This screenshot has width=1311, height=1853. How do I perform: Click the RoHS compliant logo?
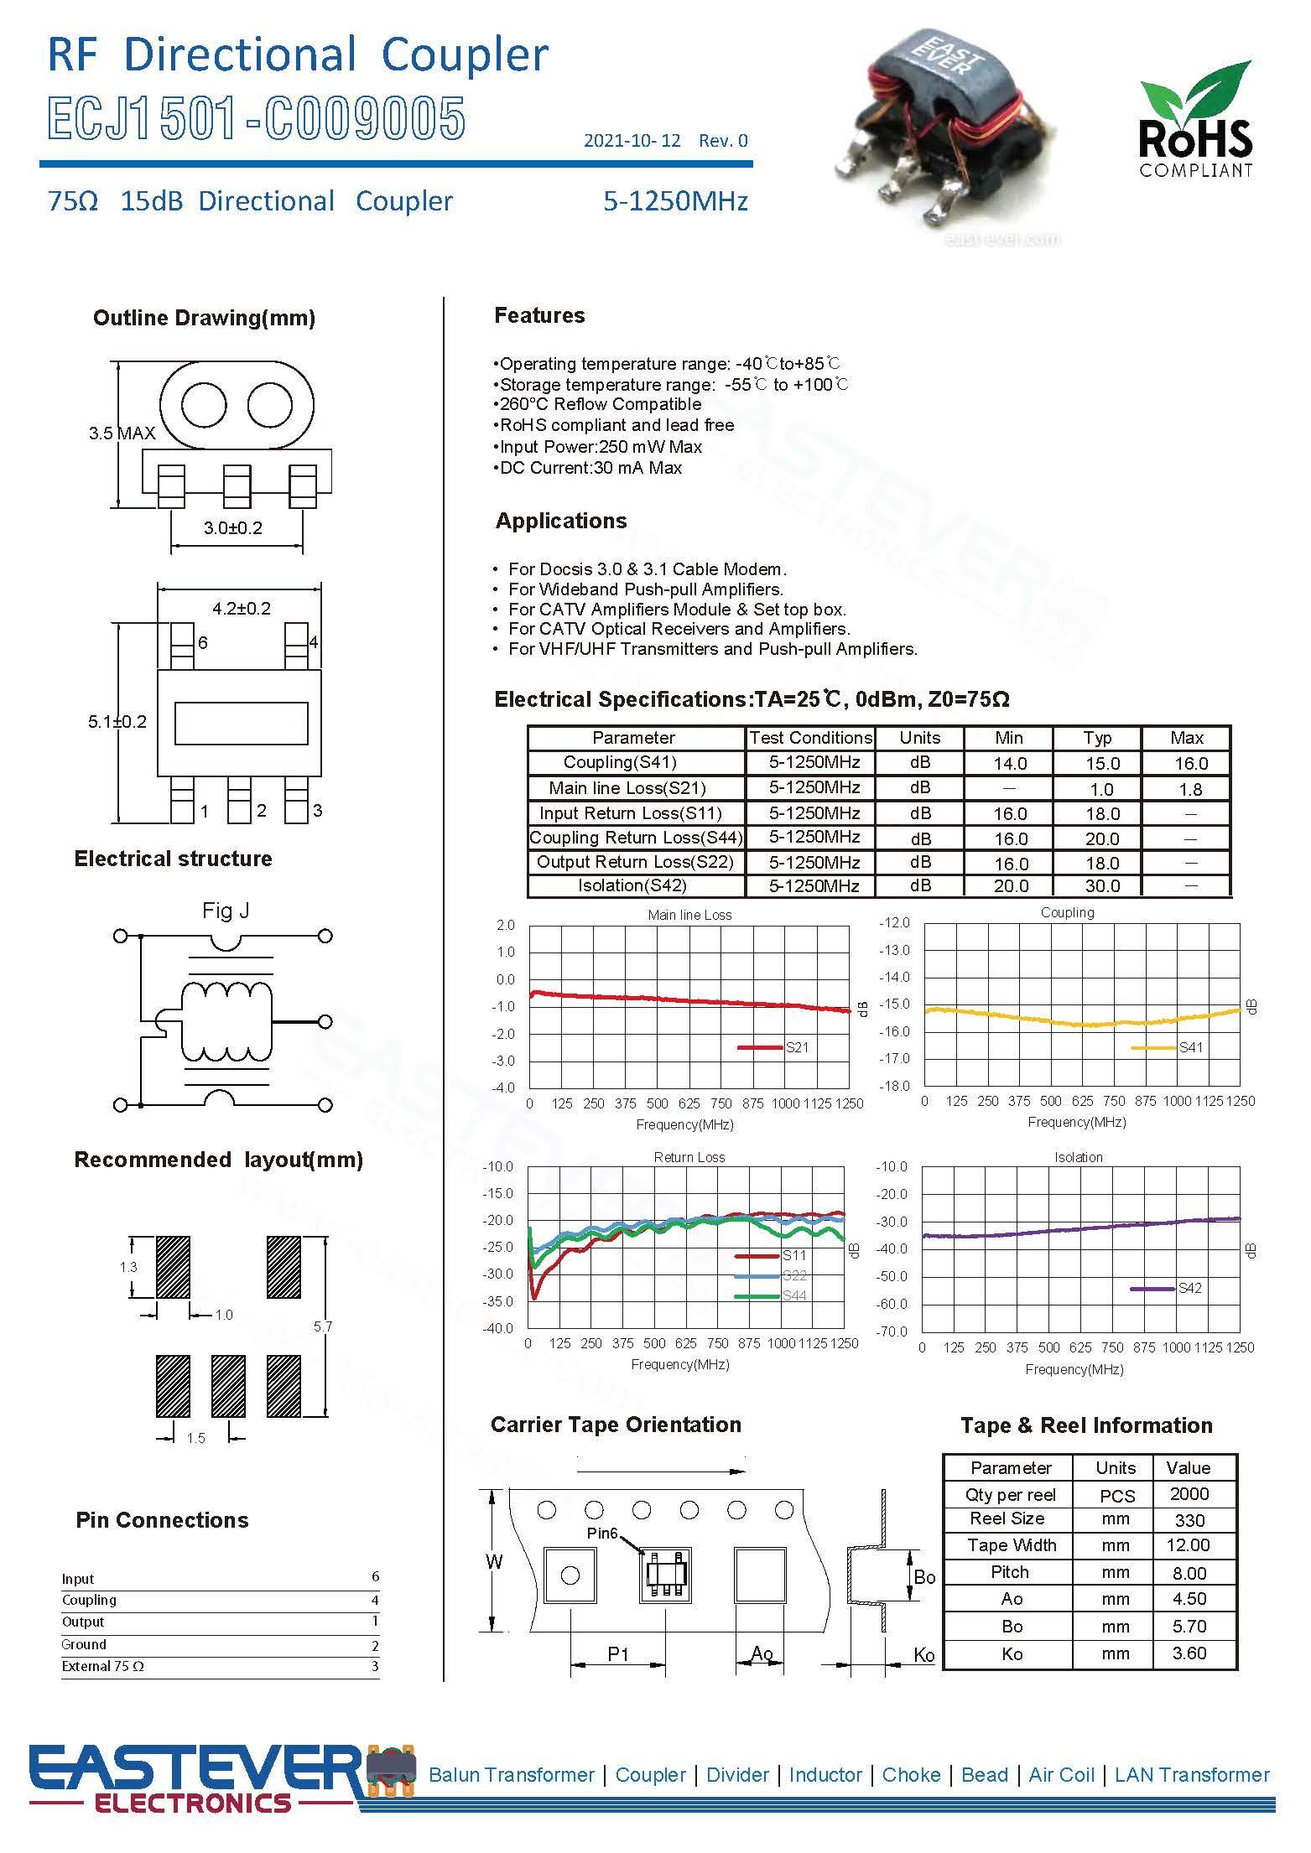pyautogui.click(x=1195, y=120)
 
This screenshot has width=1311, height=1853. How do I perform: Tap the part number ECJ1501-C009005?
pyautogui.click(x=256, y=118)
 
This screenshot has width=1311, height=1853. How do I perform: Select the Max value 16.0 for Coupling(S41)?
pyautogui.click(x=1190, y=764)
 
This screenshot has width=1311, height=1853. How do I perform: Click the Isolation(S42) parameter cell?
pyautogui.click(x=632, y=885)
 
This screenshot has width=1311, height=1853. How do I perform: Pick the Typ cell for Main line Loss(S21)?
pyautogui.click(x=1100, y=789)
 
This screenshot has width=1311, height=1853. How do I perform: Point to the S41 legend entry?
pyautogui.click(x=1190, y=1047)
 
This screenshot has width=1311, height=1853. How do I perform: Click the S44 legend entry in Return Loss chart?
pyautogui.click(x=793, y=1295)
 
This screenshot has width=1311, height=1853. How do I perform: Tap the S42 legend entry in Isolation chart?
pyautogui.click(x=1189, y=1288)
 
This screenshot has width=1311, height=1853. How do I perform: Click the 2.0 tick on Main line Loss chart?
pyautogui.click(x=505, y=925)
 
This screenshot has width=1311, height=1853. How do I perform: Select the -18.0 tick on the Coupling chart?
pyautogui.click(x=893, y=1086)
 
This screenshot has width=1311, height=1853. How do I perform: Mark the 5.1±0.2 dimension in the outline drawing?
pyautogui.click(x=117, y=722)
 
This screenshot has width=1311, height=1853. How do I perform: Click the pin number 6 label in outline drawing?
pyautogui.click(x=203, y=643)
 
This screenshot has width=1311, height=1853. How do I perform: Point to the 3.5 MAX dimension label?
pyautogui.click(x=122, y=433)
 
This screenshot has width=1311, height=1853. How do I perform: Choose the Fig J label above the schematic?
pyautogui.click(x=226, y=911)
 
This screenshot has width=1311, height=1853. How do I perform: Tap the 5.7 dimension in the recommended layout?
pyautogui.click(x=323, y=1326)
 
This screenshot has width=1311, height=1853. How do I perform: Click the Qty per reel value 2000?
pyautogui.click(x=1189, y=1494)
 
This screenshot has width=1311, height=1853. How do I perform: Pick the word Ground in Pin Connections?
pyautogui.click(x=84, y=1644)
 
